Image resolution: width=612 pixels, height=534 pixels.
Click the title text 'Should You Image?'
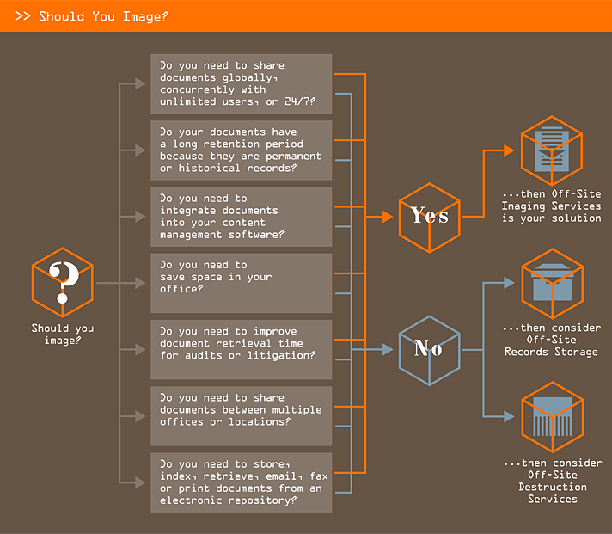click(x=103, y=16)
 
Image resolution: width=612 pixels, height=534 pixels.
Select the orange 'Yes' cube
click(x=429, y=216)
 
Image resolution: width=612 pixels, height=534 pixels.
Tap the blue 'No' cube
click(x=429, y=348)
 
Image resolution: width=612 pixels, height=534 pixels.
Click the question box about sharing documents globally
click(x=241, y=83)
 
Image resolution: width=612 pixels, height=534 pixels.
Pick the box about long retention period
click(x=241, y=150)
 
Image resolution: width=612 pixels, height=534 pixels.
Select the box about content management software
click(x=241, y=216)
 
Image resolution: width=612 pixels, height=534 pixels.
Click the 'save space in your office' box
click(x=241, y=282)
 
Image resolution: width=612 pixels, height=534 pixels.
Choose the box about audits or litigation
click(x=241, y=349)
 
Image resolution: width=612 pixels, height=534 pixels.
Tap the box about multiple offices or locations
click(x=241, y=415)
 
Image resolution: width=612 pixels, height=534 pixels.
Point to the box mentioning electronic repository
click(x=241, y=482)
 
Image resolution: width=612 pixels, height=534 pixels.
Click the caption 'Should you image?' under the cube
click(x=63, y=334)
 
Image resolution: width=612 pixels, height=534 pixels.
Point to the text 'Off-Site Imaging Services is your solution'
click(x=552, y=206)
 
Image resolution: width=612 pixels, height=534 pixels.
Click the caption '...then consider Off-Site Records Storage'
click(x=552, y=340)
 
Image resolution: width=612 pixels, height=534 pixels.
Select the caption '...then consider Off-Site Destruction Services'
click(x=552, y=481)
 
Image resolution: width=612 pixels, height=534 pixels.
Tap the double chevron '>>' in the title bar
click(x=23, y=16)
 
